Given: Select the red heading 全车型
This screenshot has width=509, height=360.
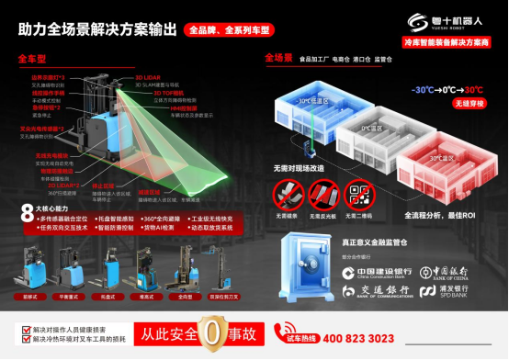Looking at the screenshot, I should pos(33,58).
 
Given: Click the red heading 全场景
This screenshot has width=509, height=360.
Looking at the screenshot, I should pos(278,58).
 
